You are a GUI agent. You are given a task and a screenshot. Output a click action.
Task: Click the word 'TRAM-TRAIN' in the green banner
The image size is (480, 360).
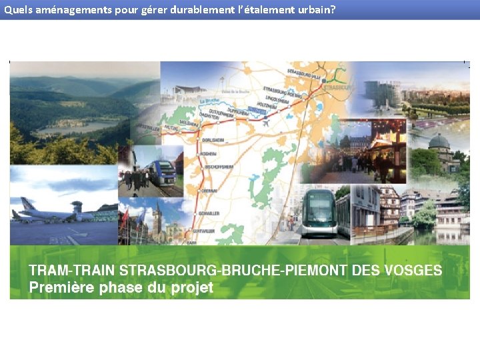[72, 271]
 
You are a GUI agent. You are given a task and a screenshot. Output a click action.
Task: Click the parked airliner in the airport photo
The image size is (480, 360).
[40, 212]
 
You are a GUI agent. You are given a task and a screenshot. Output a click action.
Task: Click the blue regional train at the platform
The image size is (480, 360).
[162, 174]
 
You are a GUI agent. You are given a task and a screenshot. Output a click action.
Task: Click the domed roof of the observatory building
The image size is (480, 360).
[439, 142]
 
